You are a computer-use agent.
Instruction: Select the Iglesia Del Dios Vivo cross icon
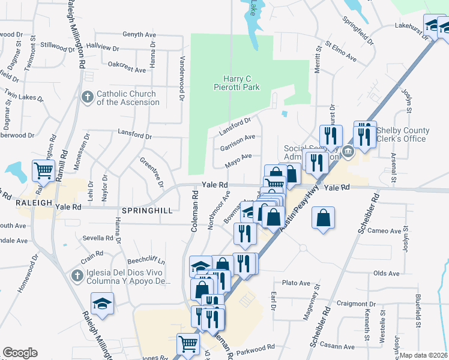[x=76, y=275]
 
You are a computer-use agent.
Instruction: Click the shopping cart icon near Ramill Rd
[x=43, y=171]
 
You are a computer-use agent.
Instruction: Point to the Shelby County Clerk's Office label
[x=403, y=134]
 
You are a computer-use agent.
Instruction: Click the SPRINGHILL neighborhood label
[x=146, y=211]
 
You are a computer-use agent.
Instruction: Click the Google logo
[x=20, y=353]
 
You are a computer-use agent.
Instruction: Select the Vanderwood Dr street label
[x=182, y=78]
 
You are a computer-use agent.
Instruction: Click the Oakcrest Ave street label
[x=127, y=70]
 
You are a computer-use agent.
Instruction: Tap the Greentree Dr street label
[x=151, y=172]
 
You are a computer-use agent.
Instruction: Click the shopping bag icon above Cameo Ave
[x=324, y=218]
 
